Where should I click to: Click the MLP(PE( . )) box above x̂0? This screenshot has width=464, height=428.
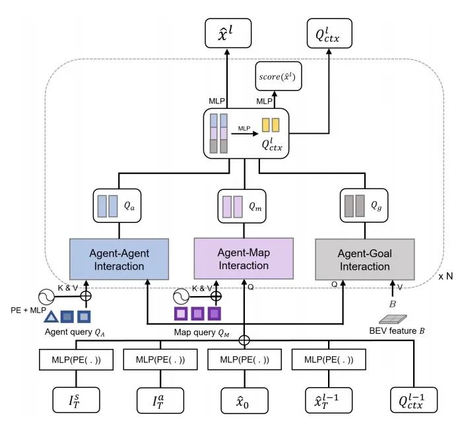pos(244,361)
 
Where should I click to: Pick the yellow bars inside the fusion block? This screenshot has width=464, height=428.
pos(271,125)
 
